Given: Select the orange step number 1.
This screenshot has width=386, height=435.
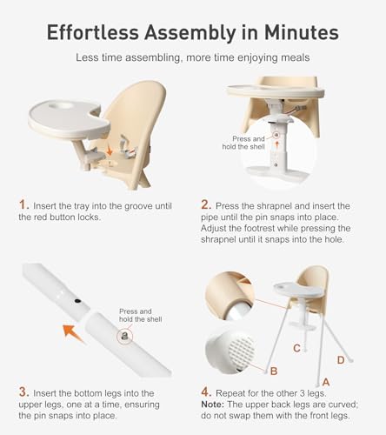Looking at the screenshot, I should pos(23,204).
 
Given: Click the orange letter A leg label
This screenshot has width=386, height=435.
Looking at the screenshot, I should pos(325,380).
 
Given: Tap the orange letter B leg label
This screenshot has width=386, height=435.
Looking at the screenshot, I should pos(273,371).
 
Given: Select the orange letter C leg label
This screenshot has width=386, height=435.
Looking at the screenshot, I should pos(296,348).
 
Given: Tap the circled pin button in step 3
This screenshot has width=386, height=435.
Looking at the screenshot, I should pos(125,334).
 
